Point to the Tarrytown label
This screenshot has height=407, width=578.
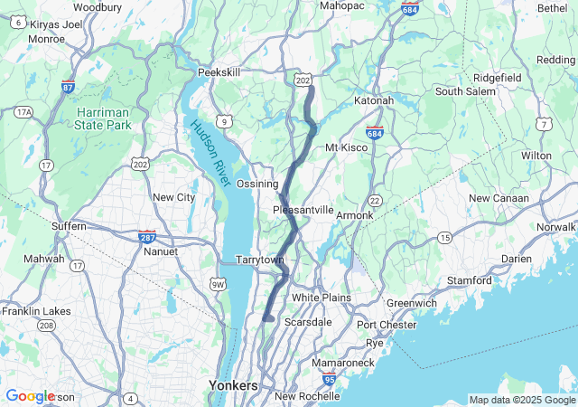click(x=260, y=260)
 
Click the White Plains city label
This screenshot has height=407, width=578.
click(x=320, y=297)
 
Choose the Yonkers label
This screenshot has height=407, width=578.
click(x=233, y=385)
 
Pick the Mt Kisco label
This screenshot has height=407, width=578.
click(x=343, y=147)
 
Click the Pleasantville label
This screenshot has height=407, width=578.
click(x=303, y=210)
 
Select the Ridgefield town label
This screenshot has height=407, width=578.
click(x=497, y=78)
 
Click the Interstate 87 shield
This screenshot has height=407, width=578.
click(x=68, y=87)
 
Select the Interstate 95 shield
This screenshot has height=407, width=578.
click(x=330, y=383)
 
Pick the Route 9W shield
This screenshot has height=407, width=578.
click(x=218, y=286)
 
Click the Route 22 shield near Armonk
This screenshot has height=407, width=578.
click(x=373, y=200)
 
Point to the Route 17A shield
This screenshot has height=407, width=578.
click(x=23, y=112)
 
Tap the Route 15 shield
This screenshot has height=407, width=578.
click(x=444, y=237)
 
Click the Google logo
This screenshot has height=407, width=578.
click(x=30, y=396)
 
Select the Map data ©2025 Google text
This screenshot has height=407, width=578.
click(x=521, y=400)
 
